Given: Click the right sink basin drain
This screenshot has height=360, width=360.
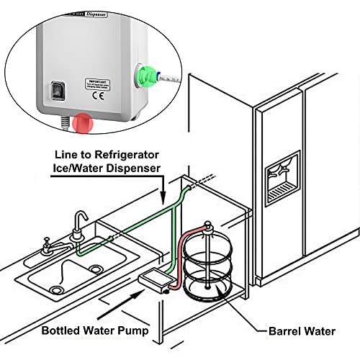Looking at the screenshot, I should coord(94,269).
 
